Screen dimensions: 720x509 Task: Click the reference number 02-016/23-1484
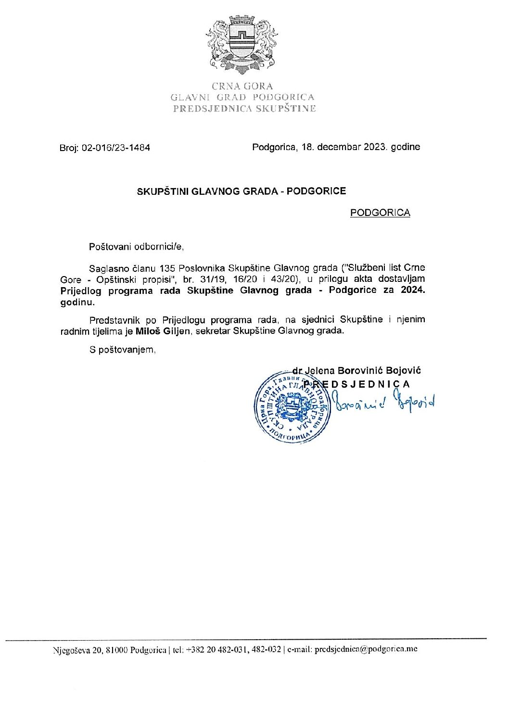(x=116, y=148)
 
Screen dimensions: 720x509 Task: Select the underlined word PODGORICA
(x=380, y=213)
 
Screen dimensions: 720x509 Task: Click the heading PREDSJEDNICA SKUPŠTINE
(x=244, y=108)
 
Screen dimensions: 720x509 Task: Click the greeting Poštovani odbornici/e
(x=137, y=247)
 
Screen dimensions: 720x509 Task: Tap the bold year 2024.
(x=413, y=291)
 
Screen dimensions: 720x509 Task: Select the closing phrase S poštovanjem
(x=123, y=350)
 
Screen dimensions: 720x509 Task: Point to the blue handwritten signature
(x=385, y=402)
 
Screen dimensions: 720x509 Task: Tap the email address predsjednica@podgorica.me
(x=366, y=649)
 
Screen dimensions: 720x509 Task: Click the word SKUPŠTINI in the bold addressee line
(x=163, y=191)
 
